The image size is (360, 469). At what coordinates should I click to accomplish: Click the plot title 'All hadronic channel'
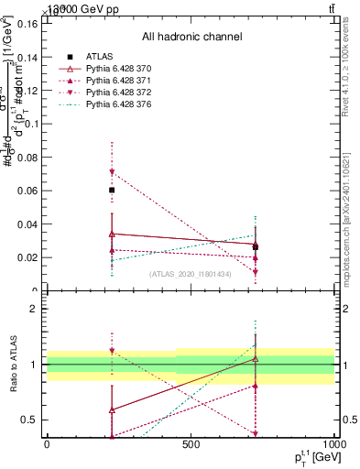pos(191,37)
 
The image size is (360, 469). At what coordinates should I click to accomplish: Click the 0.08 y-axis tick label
pos(27,157)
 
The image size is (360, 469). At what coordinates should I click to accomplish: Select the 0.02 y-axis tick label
pos(27,257)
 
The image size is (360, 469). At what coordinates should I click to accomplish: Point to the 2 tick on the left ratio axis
pos(35,309)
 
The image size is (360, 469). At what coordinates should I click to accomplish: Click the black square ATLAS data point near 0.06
pos(112,191)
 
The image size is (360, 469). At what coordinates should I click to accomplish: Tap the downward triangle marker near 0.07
pos(112,172)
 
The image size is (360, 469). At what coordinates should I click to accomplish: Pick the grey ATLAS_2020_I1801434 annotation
pos(191,274)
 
